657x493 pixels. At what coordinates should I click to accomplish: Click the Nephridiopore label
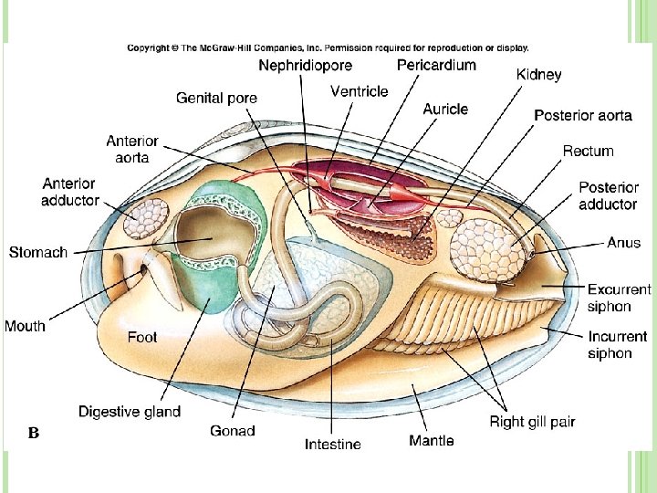305,66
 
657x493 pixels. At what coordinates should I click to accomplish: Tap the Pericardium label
436,65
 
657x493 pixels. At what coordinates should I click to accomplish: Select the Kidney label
539,75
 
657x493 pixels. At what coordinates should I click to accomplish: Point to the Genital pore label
216,98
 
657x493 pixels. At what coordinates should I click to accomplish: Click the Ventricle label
359,91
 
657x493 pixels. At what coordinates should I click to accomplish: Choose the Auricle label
445,109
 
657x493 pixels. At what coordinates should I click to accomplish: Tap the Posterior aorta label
582,115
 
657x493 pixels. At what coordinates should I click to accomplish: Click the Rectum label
588,151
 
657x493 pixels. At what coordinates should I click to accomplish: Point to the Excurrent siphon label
619,298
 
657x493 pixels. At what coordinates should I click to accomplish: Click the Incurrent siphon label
617,344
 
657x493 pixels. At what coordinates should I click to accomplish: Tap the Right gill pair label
532,422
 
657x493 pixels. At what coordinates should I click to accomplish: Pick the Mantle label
432,441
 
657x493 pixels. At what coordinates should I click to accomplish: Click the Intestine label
332,445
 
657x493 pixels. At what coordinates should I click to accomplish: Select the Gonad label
233,430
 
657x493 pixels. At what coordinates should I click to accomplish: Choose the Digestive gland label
130,412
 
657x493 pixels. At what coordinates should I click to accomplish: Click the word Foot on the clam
142,337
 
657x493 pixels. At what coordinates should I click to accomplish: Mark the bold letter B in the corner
33,433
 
